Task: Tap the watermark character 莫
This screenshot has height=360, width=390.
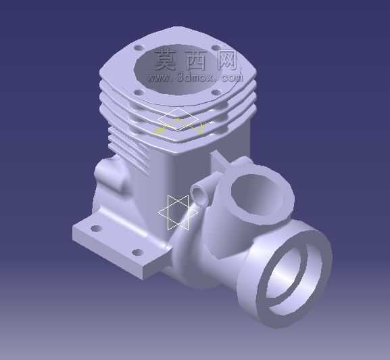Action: [x=166, y=60]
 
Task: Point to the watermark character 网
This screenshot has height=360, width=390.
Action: [x=226, y=60]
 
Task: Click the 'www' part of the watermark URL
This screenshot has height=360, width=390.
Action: [x=160, y=78]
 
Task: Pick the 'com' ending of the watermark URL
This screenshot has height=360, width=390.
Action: [x=231, y=78]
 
